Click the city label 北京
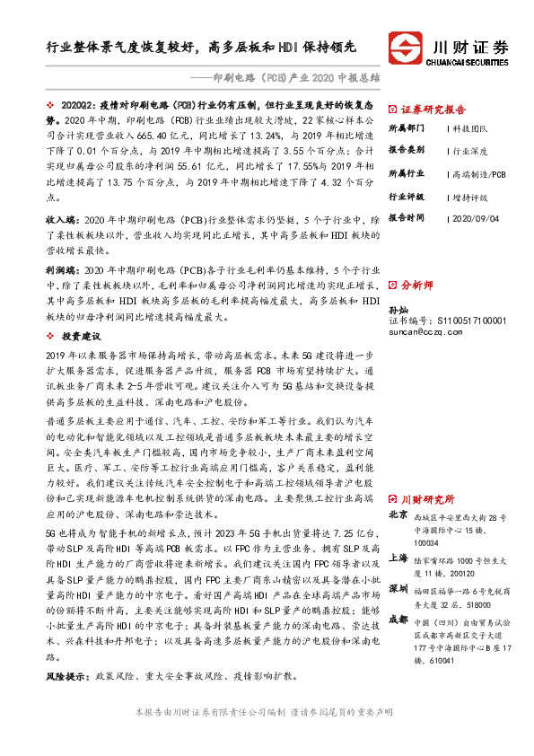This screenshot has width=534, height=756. [x=398, y=516]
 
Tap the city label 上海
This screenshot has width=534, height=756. [x=398, y=557]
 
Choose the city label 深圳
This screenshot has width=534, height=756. [x=398, y=589]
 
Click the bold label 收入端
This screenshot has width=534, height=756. [x=61, y=219]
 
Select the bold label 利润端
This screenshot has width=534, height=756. [x=61, y=269]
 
